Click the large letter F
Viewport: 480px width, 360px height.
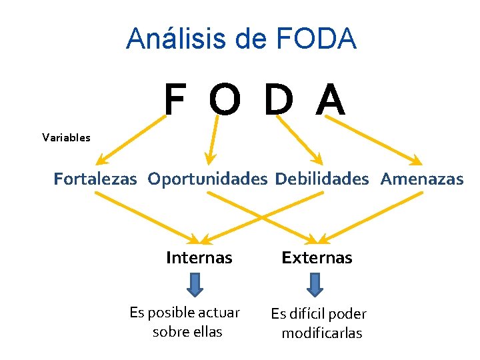(x=175, y=100)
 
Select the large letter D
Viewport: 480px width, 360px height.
(x=278, y=100)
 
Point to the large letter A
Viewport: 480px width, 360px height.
(x=331, y=100)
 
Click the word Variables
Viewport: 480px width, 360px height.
(x=66, y=138)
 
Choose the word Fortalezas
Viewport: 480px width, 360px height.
(x=95, y=179)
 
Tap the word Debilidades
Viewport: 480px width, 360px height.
(x=321, y=179)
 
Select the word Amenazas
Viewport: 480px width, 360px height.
(x=422, y=179)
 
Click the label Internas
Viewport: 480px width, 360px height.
(x=199, y=258)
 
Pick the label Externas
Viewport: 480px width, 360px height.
(x=317, y=258)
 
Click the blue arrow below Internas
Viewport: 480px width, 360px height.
(x=194, y=285)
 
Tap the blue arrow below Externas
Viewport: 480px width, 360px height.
(x=315, y=285)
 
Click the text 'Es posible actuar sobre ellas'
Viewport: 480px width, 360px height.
(x=185, y=321)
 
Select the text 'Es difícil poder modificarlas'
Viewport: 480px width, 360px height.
(x=319, y=323)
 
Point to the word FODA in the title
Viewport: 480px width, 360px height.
(x=318, y=38)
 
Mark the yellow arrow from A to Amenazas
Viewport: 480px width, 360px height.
(x=373, y=139)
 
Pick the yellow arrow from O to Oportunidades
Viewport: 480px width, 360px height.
(x=213, y=138)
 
